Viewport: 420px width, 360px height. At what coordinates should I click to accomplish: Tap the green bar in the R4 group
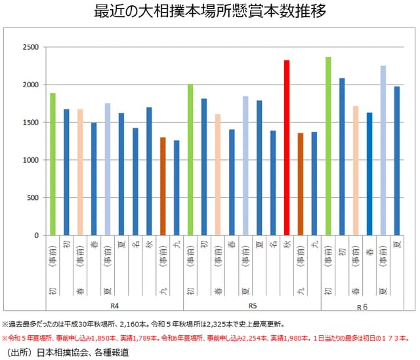point(52,164)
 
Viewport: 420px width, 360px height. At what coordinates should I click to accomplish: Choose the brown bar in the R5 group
point(301,184)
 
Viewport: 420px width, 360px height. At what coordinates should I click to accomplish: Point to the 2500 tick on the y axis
point(30,47)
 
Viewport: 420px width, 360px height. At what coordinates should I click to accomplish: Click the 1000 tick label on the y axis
point(30,160)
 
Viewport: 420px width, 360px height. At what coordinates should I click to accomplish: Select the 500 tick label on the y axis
point(33,197)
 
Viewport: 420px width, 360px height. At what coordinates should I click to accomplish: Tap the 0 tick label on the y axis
point(37,235)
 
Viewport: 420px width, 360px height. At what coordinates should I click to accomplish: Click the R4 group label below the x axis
point(114,306)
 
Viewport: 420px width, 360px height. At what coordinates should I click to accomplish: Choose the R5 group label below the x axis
point(252,306)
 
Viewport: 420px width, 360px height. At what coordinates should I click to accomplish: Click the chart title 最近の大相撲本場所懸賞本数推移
point(211,12)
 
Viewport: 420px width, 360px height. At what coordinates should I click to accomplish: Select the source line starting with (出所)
point(66,352)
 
